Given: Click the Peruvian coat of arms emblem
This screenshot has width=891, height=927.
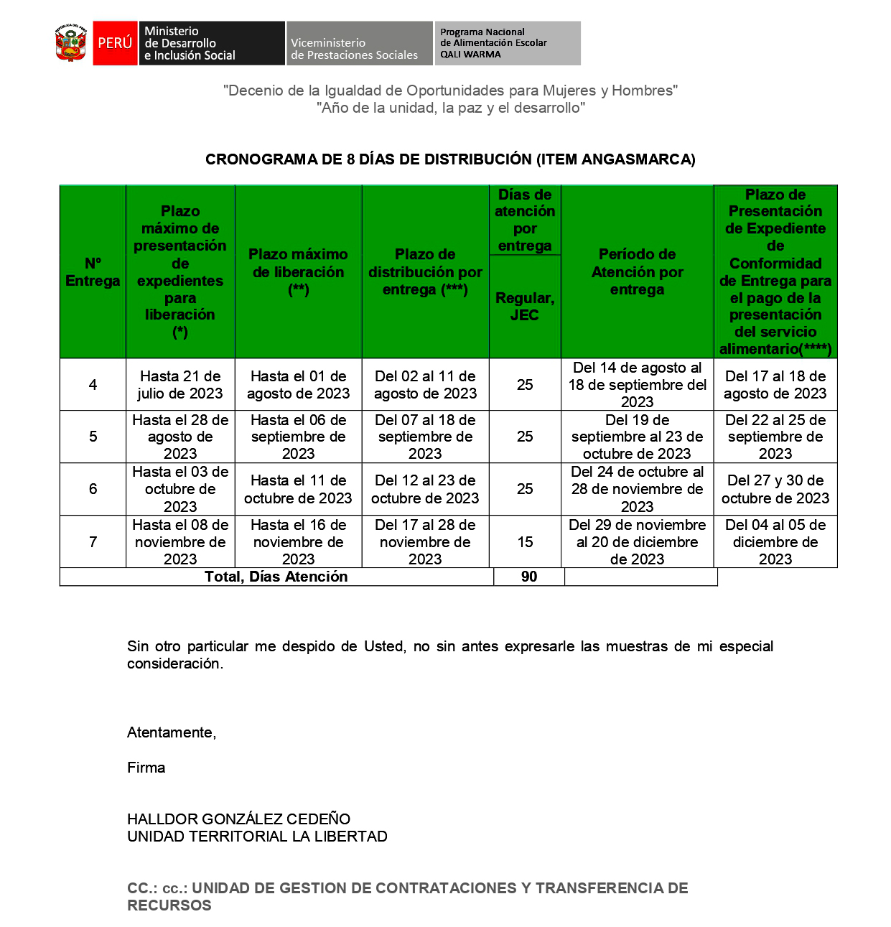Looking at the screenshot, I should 70,43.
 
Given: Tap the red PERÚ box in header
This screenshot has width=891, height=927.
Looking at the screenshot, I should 115,43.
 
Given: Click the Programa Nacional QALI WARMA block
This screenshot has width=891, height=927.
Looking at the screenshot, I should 507,43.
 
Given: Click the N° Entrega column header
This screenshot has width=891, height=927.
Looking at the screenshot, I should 93,271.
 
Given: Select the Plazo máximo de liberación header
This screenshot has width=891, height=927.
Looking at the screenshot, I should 298,271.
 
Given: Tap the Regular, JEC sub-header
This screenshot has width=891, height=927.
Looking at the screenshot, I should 525,306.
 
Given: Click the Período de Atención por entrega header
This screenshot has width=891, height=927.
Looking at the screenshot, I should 637,271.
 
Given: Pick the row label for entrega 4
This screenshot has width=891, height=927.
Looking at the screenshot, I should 93,385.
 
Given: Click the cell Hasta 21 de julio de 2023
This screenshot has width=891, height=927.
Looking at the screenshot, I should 180,385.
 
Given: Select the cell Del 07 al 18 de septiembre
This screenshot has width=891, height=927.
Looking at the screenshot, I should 425,437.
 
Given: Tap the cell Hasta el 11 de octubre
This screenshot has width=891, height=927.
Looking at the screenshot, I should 298,489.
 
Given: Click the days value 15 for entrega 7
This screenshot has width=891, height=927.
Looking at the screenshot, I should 525,542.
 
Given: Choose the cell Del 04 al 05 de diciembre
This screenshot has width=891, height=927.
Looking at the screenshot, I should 775,542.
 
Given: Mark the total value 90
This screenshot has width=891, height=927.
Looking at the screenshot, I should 529,577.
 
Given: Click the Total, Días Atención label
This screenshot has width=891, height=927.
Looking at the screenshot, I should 276,577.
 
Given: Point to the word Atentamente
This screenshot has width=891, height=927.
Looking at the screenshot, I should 172,732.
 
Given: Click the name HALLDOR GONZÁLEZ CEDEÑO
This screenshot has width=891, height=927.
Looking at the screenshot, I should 238,819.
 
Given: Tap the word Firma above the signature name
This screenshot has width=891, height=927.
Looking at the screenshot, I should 146,768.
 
